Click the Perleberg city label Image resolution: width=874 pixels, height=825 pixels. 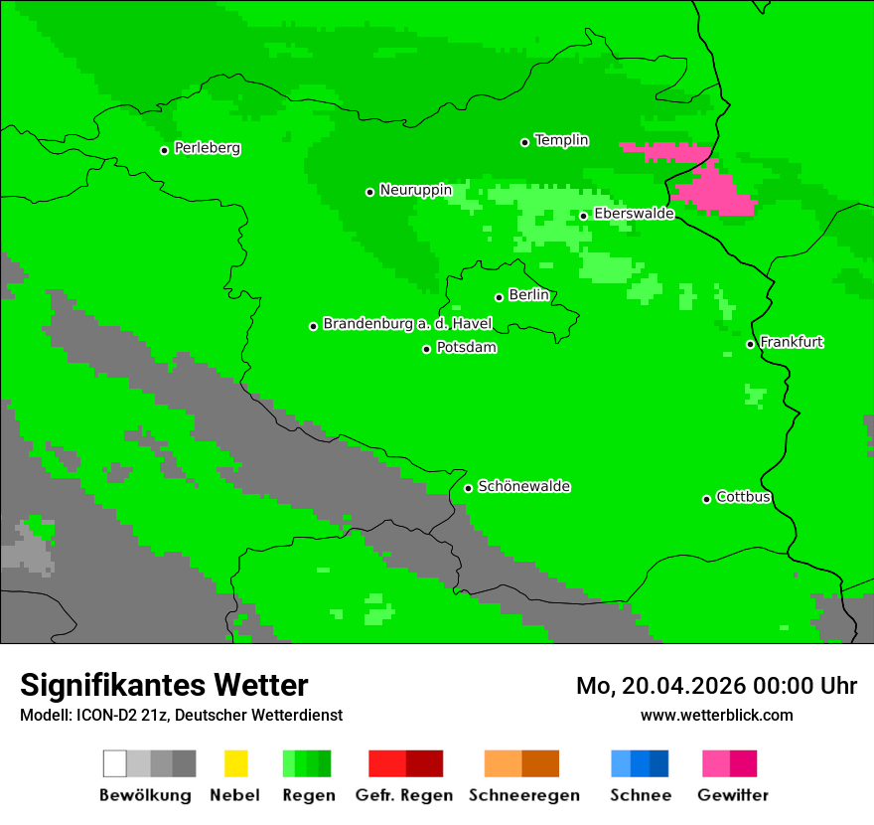tap(207, 148)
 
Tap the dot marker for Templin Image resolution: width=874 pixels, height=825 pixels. tap(524, 142)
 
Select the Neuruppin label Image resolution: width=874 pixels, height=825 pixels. tap(415, 190)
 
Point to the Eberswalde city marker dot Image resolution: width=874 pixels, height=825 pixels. tap(584, 216)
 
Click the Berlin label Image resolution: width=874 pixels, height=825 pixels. tap(528, 295)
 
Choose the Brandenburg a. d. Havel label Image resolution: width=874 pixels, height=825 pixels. tap(407, 324)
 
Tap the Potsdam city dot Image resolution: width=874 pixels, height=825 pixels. tap(427, 349)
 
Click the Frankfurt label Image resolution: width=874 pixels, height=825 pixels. tap(792, 342)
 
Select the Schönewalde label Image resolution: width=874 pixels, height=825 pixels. tap(523, 486)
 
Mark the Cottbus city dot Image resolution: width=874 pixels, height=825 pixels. tap(707, 499)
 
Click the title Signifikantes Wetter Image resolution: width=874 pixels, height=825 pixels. tap(164, 686)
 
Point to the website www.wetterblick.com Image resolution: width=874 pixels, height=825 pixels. tap(716, 716)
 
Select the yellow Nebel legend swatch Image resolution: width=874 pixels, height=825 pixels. tap(235, 763)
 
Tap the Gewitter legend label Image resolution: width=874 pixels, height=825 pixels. tap(732, 795)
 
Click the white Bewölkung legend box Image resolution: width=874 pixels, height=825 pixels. tap(115, 763)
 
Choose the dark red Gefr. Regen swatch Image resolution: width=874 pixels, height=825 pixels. tap(424, 763)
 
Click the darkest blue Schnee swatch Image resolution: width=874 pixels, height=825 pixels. tap(658, 763)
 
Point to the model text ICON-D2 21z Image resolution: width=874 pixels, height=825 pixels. tap(119, 716)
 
